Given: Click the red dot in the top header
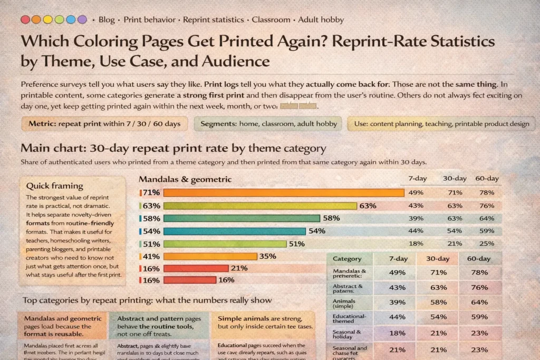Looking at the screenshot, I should [25, 20].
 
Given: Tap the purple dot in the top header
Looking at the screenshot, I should [82, 20].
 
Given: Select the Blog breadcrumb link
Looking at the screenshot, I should [106, 20].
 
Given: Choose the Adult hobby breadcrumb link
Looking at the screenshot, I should [321, 20].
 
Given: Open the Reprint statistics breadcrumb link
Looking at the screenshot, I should [214, 20].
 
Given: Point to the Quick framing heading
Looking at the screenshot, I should [55, 186].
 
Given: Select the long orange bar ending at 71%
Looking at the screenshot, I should [284, 193].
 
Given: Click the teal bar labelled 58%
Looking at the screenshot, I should [242, 218].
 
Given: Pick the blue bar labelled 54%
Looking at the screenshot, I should [235, 231].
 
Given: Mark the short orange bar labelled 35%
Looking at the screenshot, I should [210, 257].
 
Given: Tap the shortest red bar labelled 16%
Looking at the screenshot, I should [190, 280].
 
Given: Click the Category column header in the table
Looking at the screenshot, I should [348, 259].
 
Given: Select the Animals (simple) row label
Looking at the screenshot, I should [344, 303].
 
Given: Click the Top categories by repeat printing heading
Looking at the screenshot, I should [147, 300].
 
